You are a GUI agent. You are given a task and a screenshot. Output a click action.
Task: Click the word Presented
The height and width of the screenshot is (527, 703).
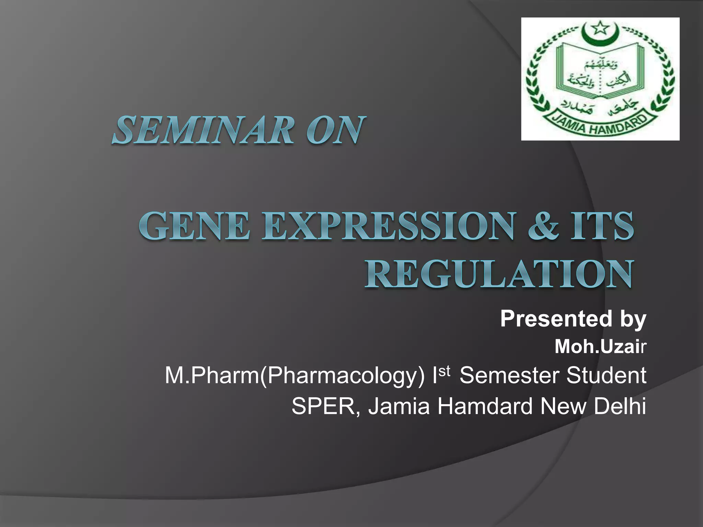[x=556, y=319]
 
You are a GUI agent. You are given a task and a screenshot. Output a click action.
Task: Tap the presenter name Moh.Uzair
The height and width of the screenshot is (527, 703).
[x=600, y=347]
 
